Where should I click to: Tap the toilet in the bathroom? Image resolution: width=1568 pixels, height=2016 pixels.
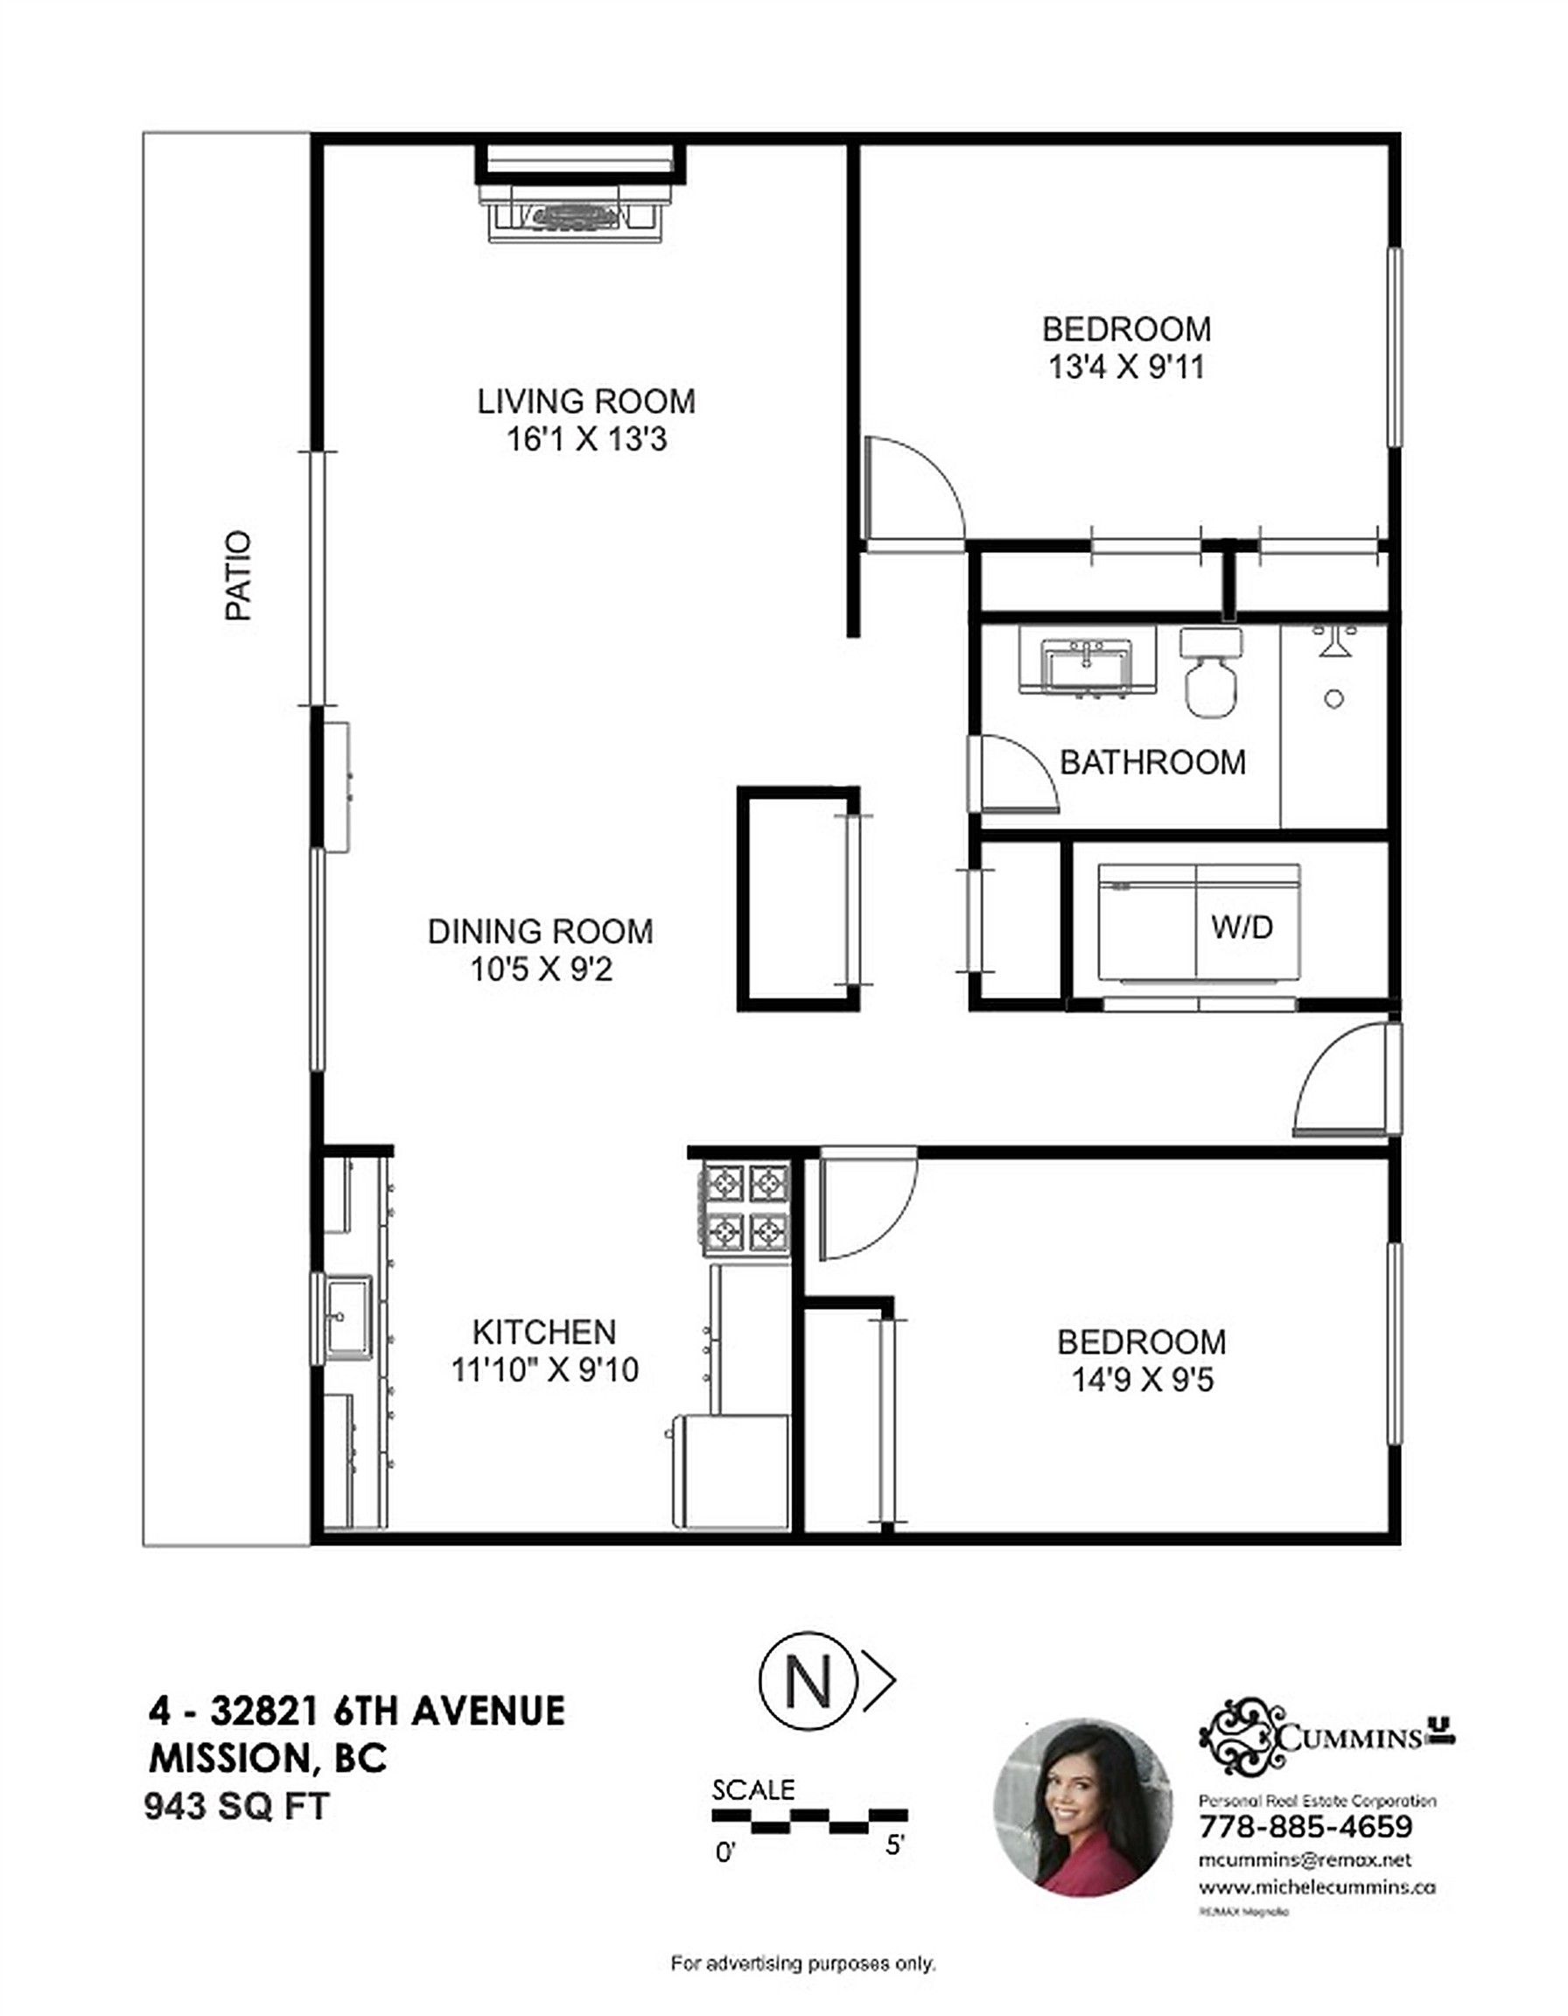pyautogui.click(x=1210, y=673)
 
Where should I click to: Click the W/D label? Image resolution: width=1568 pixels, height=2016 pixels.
pyautogui.click(x=1242, y=927)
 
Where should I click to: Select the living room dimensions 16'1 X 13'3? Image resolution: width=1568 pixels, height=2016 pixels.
pyautogui.click(x=586, y=439)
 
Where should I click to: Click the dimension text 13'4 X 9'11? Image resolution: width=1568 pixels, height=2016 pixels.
pyautogui.click(x=1127, y=367)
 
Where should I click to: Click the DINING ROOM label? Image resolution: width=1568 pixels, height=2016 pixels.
pyautogui.click(x=540, y=930)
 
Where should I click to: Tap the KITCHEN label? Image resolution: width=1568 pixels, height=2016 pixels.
pyautogui.click(x=543, y=1332)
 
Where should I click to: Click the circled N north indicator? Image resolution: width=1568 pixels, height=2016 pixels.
pyautogui.click(x=808, y=1682)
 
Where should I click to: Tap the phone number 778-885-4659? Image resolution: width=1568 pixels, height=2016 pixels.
pyautogui.click(x=1305, y=1826)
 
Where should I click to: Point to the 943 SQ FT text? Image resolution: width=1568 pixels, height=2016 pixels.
pyautogui.click(x=236, y=1805)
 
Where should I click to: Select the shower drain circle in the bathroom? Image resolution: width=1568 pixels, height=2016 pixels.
pyautogui.click(x=1333, y=699)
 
